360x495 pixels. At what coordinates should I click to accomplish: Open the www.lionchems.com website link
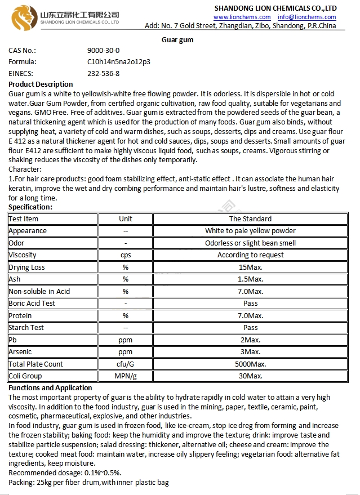(242, 17)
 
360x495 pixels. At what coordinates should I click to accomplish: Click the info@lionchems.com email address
(306, 17)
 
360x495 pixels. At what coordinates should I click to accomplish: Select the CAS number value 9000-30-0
(103, 51)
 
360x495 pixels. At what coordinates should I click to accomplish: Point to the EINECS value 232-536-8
(103, 73)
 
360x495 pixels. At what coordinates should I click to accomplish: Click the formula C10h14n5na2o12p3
(118, 62)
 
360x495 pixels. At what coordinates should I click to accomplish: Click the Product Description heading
(41, 84)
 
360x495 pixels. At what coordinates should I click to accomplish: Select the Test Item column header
(24, 218)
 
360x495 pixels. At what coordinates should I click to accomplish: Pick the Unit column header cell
(126, 218)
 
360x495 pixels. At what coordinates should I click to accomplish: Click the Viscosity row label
(23, 255)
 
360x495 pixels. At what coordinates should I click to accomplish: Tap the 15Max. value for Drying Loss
(250, 267)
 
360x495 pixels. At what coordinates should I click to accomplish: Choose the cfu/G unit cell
(126, 364)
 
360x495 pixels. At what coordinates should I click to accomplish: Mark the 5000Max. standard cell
(250, 364)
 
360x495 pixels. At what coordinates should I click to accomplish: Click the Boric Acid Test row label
(32, 304)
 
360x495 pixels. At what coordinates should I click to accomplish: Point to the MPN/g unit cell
(126, 376)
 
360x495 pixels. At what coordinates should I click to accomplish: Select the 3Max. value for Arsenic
(250, 352)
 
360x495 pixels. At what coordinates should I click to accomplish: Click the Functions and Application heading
(50, 388)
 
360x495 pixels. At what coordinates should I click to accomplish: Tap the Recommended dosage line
(65, 473)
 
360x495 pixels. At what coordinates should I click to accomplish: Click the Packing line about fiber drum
(88, 483)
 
